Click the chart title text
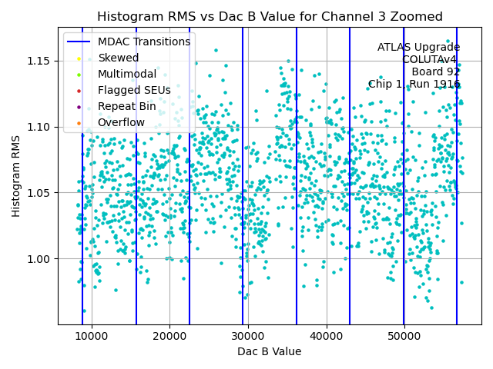click(x=270, y=17)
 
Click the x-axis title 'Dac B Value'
click(x=269, y=351)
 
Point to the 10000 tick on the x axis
click(x=92, y=336)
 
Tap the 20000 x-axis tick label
click(x=169, y=336)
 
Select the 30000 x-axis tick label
click(x=248, y=336)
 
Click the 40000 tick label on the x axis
click(x=326, y=336)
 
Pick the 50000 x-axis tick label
click(x=404, y=336)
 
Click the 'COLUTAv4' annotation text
click(x=431, y=59)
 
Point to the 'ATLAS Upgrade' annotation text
click(x=418, y=47)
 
